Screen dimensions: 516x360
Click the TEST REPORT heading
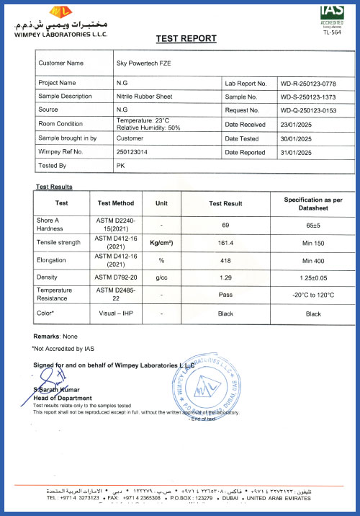(186, 39)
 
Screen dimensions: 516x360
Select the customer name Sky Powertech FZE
(143, 63)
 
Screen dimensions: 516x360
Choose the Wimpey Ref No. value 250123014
(132, 152)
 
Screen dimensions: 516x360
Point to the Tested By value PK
(120, 166)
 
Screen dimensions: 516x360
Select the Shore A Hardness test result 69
(225, 224)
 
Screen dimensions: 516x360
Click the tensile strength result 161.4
(225, 243)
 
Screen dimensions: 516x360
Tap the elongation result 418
(225, 260)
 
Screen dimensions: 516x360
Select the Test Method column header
(115, 203)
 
